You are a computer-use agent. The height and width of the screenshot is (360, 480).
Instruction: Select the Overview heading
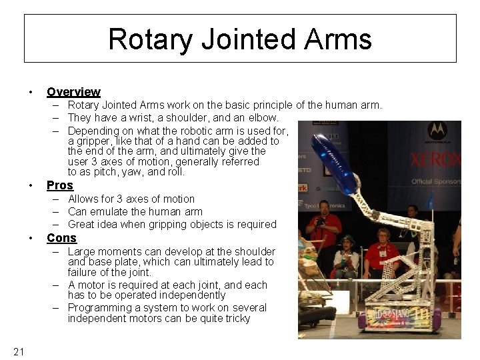coord(73,92)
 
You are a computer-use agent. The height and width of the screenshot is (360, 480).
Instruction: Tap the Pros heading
coord(59,185)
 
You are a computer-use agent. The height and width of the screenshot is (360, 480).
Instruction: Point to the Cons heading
coord(61,238)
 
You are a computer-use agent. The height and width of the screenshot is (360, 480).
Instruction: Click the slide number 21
coord(19,351)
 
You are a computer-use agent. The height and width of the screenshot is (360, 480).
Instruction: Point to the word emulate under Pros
coord(109,212)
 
